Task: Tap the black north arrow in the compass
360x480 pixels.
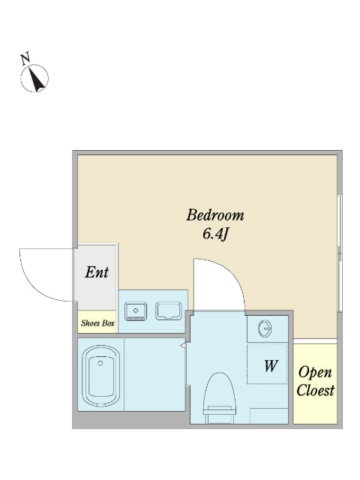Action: [37, 80]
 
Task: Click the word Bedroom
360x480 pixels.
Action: [215, 215]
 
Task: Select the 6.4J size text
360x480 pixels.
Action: [215, 235]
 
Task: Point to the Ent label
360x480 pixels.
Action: [97, 272]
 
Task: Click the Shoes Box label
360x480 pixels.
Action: [97, 322]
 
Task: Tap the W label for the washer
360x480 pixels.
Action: [271, 365]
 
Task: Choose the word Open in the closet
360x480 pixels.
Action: [315, 373]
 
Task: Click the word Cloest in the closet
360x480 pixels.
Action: [315, 390]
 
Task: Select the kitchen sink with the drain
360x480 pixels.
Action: [136, 311]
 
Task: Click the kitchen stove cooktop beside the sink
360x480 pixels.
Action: [168, 311]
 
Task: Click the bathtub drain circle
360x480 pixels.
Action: [100, 363]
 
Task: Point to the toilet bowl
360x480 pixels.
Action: [220, 390]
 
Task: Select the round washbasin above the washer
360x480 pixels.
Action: [265, 328]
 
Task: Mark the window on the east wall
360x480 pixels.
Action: [339, 253]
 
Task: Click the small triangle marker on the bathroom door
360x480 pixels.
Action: [183, 346]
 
